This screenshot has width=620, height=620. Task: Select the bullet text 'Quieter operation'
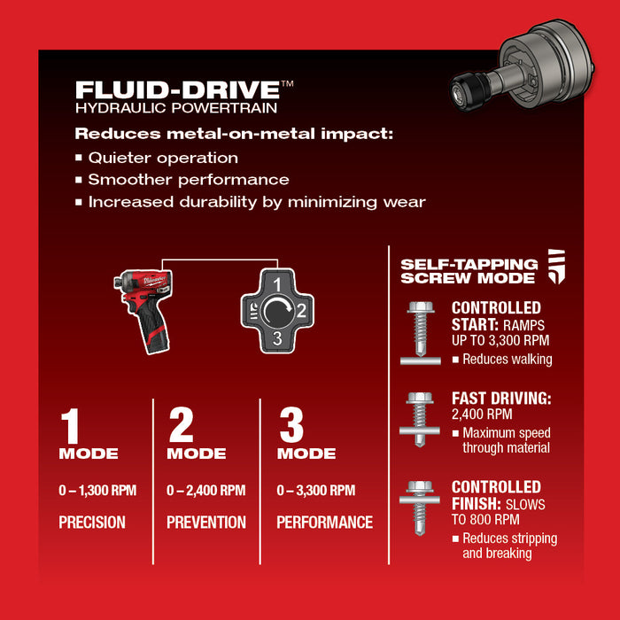163,158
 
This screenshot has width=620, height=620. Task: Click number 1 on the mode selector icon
276,285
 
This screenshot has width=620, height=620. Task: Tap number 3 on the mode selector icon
276,338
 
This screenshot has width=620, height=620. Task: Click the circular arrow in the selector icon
276,312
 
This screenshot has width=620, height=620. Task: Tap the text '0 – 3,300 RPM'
316,491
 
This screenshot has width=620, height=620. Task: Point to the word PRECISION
92,523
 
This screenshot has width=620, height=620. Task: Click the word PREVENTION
206,523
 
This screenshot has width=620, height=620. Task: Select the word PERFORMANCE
325,523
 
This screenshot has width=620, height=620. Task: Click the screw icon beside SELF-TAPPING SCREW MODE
555,266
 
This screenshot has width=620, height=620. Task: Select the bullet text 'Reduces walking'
507,359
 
